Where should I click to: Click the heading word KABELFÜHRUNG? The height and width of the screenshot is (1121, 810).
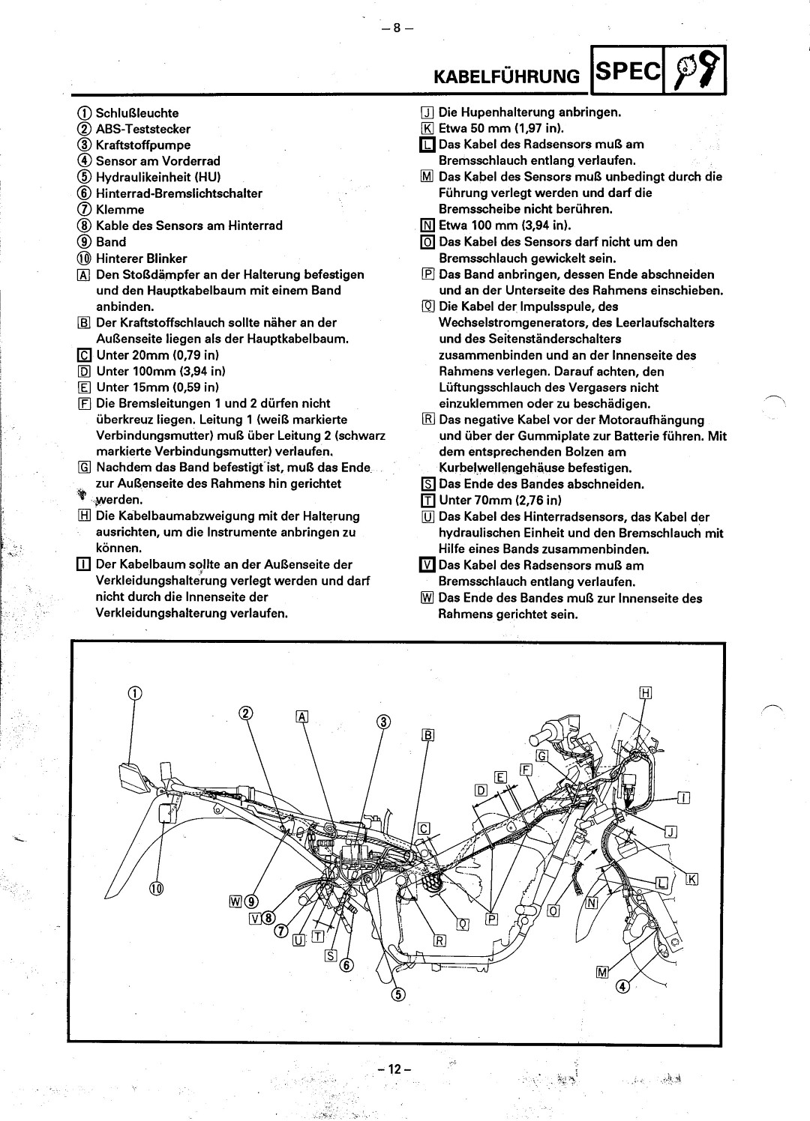[508, 76]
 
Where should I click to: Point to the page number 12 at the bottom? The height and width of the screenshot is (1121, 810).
[392, 1069]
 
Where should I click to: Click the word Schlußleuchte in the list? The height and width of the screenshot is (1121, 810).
[137, 113]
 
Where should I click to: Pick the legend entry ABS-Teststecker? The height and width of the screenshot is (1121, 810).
[143, 129]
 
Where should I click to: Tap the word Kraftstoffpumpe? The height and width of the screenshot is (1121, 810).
[143, 145]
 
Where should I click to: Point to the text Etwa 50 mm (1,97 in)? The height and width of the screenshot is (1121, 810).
[501, 128]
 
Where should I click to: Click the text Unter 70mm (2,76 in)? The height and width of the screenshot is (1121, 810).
[500, 501]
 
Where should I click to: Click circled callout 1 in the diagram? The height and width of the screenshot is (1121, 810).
[133, 693]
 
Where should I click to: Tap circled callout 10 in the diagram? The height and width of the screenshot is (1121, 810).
[156, 889]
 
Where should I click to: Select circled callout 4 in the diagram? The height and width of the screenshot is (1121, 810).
[622, 986]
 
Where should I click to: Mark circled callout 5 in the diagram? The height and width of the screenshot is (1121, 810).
[398, 994]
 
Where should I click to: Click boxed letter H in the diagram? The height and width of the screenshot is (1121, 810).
[645, 693]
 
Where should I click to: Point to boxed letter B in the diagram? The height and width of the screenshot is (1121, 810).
[427, 736]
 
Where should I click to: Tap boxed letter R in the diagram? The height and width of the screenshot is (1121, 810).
[439, 941]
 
